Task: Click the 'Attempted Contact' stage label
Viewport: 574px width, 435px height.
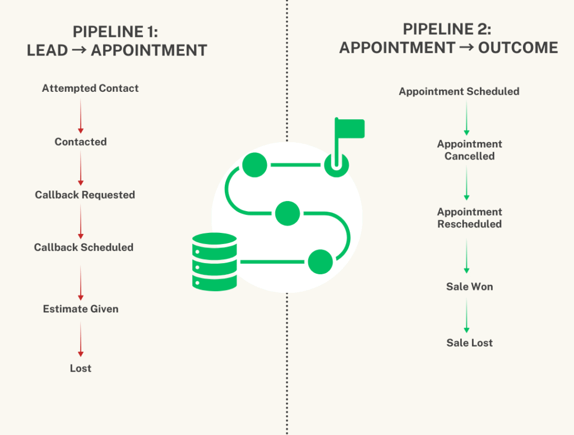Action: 90,88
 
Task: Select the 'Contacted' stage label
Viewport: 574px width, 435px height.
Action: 81,142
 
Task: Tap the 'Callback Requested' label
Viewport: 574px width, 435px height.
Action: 85,195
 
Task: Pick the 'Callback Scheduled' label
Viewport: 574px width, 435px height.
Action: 84,247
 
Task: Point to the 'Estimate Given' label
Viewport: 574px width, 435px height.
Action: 81,309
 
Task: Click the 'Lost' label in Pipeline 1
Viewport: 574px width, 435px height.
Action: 81,368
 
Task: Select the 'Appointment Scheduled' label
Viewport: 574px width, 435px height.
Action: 459,91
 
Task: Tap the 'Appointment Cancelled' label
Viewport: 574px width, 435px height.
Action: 470,150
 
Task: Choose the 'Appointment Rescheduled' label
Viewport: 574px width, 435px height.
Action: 470,218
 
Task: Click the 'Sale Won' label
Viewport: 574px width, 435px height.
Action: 470,287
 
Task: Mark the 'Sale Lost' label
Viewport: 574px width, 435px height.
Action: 470,343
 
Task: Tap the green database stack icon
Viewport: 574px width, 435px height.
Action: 214,261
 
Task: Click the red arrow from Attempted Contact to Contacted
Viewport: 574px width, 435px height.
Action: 81,116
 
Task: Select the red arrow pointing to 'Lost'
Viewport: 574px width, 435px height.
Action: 81,340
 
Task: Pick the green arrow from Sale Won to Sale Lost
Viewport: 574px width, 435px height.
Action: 466,316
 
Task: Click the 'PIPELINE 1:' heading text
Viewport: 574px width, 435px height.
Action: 117,32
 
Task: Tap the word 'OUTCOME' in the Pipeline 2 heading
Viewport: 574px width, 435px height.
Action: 518,48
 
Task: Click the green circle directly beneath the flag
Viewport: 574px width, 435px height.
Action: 336,165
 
